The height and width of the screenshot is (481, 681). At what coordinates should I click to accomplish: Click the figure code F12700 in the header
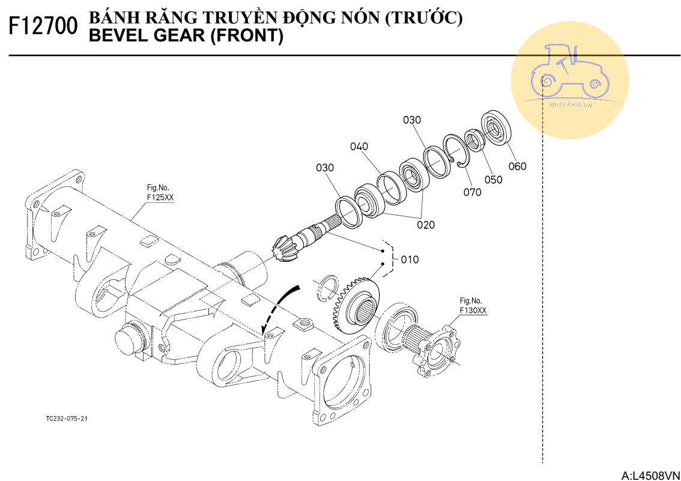44,26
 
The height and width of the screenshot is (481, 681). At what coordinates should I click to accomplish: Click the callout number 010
410,260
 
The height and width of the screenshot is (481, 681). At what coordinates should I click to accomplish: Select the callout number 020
426,225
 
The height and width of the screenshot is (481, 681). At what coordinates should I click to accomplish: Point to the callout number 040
359,147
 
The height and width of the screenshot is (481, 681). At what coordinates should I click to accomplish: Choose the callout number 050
493,180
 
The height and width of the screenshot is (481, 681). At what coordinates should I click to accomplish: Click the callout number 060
517,166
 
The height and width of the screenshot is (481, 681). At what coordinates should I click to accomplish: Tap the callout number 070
472,192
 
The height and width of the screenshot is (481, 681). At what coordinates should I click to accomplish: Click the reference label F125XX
159,197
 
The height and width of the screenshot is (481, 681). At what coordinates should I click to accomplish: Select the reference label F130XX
473,310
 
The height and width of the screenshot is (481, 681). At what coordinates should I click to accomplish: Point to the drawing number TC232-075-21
67,419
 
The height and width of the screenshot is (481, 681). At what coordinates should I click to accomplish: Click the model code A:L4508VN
651,476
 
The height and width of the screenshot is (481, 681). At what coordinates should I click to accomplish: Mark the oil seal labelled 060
497,127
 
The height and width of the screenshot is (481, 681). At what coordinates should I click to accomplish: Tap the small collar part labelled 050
475,141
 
